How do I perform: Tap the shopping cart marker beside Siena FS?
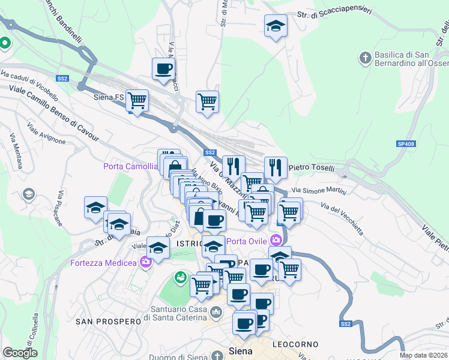pyautogui.click(x=137, y=100)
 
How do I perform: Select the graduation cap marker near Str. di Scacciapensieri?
pyautogui.click(x=276, y=26)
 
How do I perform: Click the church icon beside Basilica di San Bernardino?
pyautogui.click(x=364, y=58)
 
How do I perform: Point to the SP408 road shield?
pyautogui.click(x=406, y=144)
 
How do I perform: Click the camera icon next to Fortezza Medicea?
pyautogui.click(x=145, y=262)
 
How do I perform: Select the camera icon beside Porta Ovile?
pyautogui.click(x=276, y=241)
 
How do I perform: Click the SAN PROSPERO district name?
pyautogui.click(x=107, y=322)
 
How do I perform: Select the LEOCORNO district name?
pyautogui.click(x=295, y=344)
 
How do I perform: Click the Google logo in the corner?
pyautogui.click(x=20, y=353)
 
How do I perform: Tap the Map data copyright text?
pyautogui.click(x=423, y=355)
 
